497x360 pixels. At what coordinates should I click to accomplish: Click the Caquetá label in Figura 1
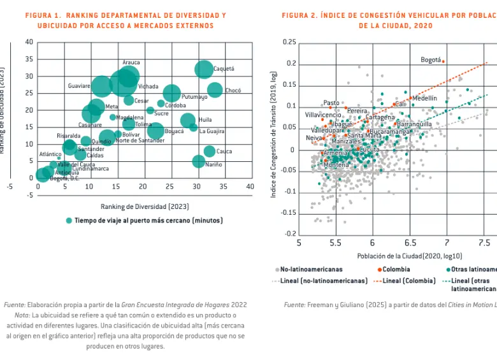pos(224,69)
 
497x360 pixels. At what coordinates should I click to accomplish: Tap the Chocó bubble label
pos(233,90)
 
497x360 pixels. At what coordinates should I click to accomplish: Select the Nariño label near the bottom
pos(214,164)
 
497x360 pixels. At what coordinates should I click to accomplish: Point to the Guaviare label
pos(79,85)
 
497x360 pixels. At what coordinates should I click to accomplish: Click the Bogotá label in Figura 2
pos(431,60)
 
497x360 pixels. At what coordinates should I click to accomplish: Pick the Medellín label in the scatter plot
pos(424,98)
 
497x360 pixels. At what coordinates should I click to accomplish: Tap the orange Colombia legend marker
pos(379,270)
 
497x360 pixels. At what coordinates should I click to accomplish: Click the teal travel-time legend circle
pos(69,220)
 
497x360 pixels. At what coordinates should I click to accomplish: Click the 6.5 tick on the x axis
pos(409,243)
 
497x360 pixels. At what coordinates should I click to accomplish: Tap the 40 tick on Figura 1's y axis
pos(29,42)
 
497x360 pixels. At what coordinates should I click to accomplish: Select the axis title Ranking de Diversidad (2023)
pos(145,206)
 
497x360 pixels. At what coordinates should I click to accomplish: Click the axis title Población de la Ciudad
pos(391,256)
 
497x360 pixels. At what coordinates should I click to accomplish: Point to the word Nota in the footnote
pos(22,315)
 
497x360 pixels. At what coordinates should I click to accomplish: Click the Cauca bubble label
pos(224,152)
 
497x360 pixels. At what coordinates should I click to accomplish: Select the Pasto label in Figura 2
pos(331,103)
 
